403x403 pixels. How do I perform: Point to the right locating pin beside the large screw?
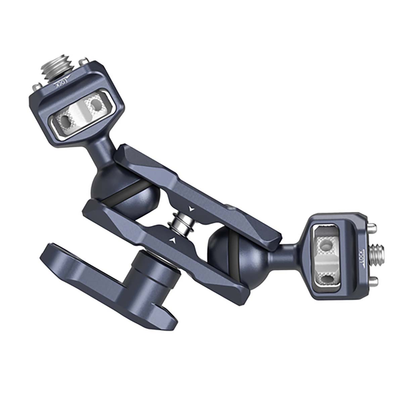81,62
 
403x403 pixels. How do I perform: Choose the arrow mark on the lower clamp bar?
173,240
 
